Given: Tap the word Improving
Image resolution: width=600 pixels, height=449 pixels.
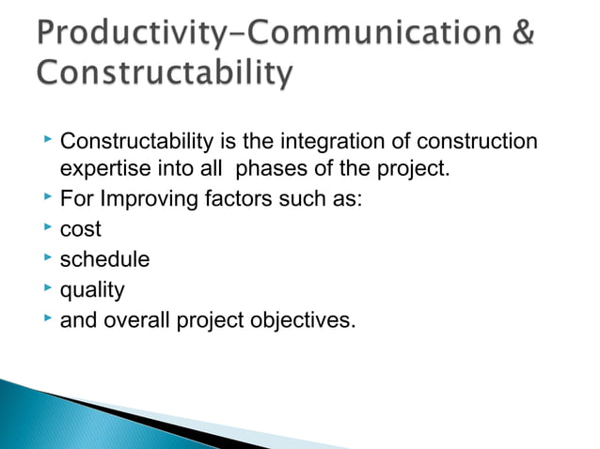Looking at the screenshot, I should point(143,200).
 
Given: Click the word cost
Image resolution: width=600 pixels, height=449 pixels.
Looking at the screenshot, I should point(80,230).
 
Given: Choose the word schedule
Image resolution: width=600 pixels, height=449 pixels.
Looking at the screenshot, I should point(104,260).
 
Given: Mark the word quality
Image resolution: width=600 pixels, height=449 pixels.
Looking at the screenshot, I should point(91,290).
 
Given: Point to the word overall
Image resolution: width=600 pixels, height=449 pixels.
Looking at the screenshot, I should point(134,320).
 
